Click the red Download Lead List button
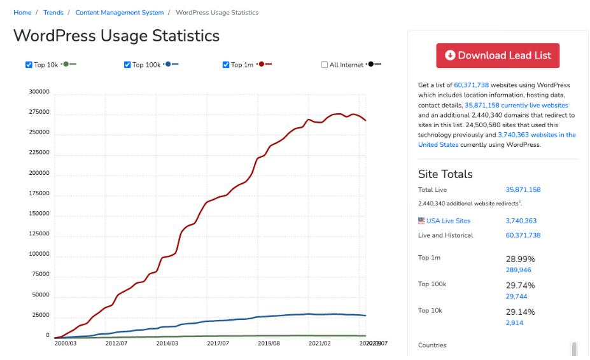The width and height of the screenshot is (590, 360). (497, 55)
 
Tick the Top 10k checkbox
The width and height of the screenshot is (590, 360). (29, 65)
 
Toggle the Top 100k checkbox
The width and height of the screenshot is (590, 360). (127, 65)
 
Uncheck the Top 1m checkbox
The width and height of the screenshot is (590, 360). (226, 65)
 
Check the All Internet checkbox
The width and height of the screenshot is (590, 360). (325, 65)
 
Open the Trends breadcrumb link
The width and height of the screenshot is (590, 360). (53, 13)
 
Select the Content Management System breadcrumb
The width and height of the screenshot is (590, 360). (119, 13)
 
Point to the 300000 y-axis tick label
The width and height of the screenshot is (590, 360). (39, 92)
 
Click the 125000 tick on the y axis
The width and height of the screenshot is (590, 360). (39, 234)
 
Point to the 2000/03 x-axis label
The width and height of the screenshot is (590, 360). (66, 343)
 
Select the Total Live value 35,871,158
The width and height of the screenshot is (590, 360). (523, 190)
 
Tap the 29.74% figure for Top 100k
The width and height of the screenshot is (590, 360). (520, 286)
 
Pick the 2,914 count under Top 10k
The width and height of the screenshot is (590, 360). (514, 323)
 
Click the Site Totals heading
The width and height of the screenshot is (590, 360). (445, 174)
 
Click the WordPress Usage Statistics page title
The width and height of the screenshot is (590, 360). (116, 36)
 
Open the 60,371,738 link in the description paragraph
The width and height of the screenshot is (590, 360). (471, 85)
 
